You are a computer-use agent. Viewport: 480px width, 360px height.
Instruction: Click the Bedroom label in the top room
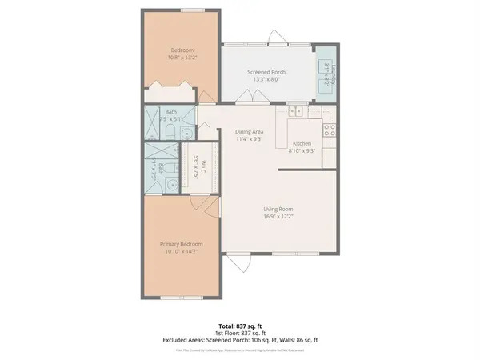pos(180,49)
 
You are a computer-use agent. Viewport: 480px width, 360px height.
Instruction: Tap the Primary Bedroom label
pos(180,244)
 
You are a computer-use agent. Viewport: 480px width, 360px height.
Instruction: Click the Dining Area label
pos(249,132)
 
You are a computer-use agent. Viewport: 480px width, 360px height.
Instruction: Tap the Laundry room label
pos(328,66)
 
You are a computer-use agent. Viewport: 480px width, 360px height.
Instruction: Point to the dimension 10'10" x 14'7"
pos(180,251)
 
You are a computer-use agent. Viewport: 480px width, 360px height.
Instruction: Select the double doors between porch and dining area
pos(252,98)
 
